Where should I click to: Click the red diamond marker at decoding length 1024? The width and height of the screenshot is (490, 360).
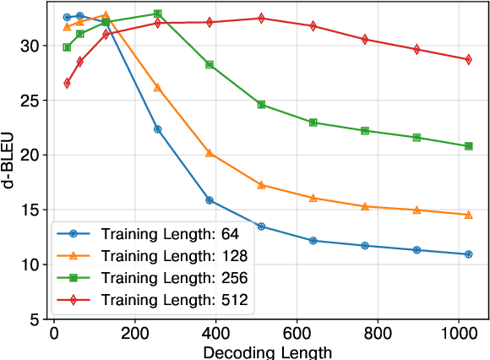click(x=469, y=59)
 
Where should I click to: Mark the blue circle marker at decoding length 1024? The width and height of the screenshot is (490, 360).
click(x=469, y=254)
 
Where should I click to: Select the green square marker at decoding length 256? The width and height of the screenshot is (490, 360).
click(x=157, y=14)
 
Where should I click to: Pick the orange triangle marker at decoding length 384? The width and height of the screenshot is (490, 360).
click(x=210, y=153)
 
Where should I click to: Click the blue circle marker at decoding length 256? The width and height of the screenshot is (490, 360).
click(x=157, y=129)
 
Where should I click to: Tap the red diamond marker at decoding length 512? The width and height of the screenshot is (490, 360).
click(x=261, y=18)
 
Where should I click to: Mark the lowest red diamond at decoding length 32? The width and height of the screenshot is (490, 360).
click(x=67, y=83)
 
